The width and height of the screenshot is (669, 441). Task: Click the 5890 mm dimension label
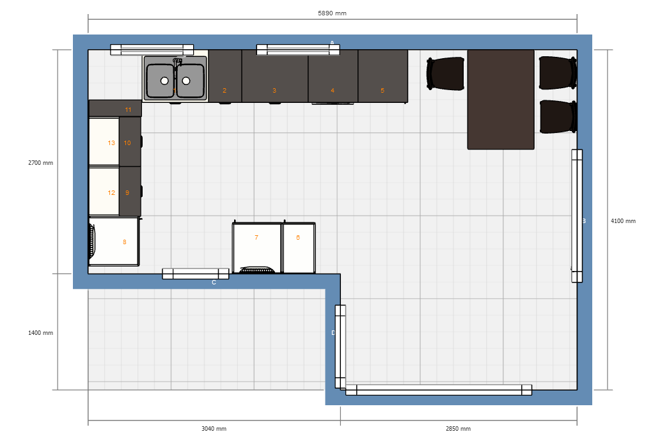[x=332, y=13]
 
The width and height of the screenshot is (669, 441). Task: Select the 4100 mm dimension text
[x=623, y=221]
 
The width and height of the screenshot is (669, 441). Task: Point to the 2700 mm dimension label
[x=40, y=162]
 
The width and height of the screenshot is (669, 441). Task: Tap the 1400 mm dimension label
[x=40, y=333]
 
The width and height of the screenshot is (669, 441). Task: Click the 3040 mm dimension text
[x=214, y=429]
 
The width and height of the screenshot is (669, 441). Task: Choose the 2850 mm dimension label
[x=458, y=429]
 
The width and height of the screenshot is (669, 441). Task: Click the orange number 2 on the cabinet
[x=224, y=90]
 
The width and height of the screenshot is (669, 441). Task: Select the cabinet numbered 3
[x=275, y=76]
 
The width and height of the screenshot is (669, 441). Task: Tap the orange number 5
[x=382, y=90]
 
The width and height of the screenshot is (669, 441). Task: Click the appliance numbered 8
[x=114, y=242]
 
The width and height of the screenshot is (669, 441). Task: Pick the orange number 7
[x=256, y=237]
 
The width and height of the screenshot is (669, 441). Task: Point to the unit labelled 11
[x=114, y=108]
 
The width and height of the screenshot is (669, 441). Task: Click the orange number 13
[x=111, y=143]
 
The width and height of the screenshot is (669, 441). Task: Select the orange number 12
[x=111, y=193]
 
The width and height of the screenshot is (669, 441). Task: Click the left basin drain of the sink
[x=164, y=81]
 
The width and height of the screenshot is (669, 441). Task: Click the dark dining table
[x=501, y=99]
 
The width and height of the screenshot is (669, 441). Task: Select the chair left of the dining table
[x=445, y=73]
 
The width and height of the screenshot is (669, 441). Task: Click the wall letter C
[x=214, y=282]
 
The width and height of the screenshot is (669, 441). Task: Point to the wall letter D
[x=333, y=333]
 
